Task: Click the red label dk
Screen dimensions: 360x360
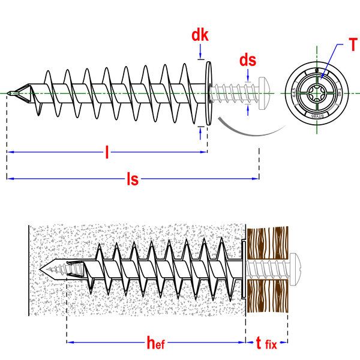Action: click(200, 35)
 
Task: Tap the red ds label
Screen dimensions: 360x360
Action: click(248, 60)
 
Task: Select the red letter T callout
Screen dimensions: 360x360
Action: click(353, 46)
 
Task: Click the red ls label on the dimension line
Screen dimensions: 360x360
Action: click(133, 179)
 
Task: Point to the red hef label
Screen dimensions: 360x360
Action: click(156, 343)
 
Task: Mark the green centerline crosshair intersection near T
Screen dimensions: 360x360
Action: click(317, 93)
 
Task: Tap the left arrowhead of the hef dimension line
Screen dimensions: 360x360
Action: click(71, 343)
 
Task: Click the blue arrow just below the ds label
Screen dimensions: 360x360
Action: click(248, 74)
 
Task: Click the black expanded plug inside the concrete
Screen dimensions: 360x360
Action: click(162, 268)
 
